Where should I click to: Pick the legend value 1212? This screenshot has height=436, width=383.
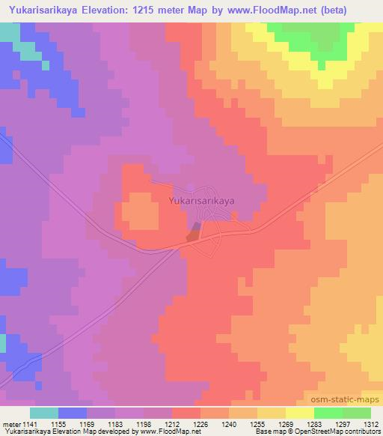[x=180, y=423]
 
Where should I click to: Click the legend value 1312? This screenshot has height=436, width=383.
[x=372, y=423]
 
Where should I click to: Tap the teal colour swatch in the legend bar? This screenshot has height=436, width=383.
[x=44, y=413]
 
